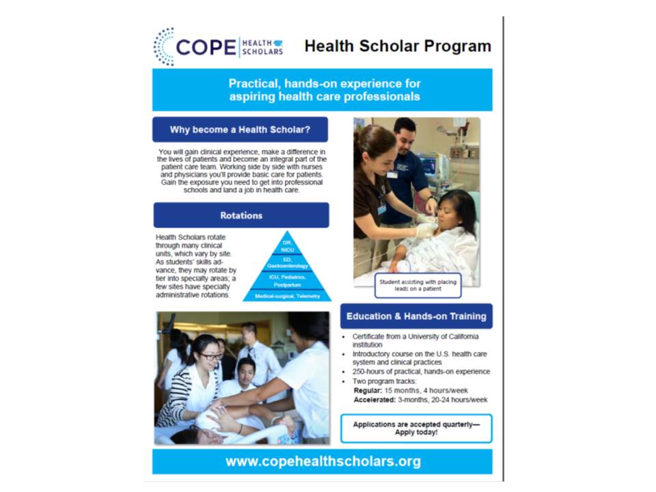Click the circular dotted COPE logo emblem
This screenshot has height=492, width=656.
(164, 46)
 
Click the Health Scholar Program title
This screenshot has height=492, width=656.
(398, 46)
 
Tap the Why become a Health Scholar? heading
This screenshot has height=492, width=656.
(241, 129)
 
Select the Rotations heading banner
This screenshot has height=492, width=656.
(241, 215)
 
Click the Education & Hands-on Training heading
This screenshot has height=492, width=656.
(416, 316)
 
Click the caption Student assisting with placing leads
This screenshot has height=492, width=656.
(418, 285)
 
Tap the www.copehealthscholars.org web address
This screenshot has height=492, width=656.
(323, 461)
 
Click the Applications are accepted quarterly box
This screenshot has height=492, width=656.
(416, 428)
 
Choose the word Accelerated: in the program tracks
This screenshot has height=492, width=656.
(374, 400)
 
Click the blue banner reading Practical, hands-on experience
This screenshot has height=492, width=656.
(323, 90)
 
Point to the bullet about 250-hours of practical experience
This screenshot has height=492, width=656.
(421, 372)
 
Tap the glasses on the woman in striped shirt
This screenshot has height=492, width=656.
(209, 356)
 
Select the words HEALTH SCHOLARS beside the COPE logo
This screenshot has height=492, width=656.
(263, 46)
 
